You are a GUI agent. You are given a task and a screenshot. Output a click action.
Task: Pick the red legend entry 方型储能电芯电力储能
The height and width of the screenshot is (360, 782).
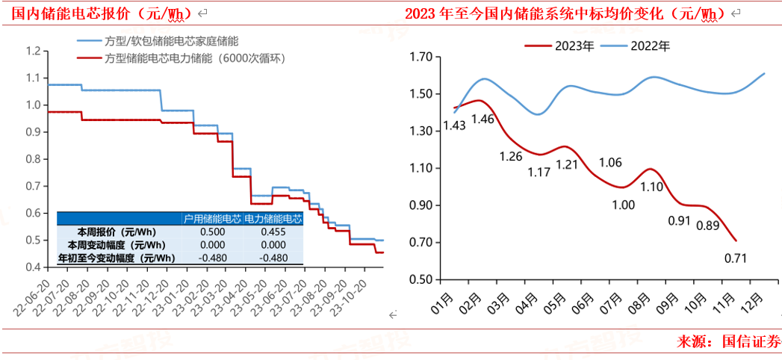point(194,58)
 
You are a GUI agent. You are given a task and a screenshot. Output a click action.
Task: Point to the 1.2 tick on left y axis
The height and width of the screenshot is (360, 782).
point(34,51)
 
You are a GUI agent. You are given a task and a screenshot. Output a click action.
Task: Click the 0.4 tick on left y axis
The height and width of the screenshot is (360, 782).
point(34,267)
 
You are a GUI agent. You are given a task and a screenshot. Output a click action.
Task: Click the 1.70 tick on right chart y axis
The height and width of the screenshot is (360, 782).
point(422,57)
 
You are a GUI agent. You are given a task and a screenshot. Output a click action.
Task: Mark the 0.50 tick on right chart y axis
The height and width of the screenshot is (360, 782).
point(422,279)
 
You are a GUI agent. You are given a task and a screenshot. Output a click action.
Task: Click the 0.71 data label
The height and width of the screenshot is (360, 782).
point(735,259)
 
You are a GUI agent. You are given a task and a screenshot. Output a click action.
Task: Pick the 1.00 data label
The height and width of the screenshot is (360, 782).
point(622,205)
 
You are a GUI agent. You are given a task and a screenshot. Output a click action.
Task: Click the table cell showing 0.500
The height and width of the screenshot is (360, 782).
point(213,232)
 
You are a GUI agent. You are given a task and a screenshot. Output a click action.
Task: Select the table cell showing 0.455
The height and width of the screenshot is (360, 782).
point(273,232)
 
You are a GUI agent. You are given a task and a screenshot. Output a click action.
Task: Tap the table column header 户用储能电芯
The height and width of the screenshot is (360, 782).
point(213,219)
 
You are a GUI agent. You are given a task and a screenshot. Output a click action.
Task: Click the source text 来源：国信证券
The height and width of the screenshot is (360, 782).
point(728,342)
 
